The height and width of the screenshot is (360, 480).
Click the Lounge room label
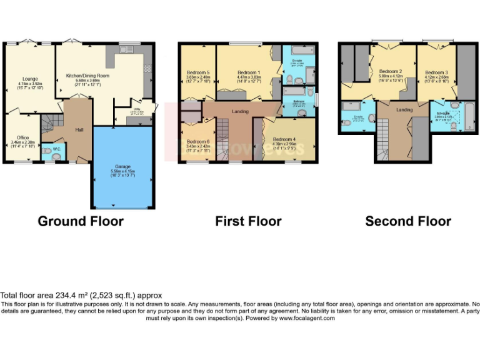pos(27,79)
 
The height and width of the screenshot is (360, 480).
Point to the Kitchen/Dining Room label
pos(87,76)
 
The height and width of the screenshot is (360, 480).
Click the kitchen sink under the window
pos(126,49)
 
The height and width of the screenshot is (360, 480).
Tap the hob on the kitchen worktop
pos(147,67)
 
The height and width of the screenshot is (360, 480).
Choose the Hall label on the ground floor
pos(79,129)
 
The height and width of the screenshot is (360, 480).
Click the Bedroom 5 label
pos(198,72)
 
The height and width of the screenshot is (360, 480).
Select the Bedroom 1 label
pos(248,72)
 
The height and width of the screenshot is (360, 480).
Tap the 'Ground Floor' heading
pos(81,221)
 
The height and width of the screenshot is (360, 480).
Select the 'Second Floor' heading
pos(408,221)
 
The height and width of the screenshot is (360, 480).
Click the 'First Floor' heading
pos(248,221)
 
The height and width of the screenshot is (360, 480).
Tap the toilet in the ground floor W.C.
pos(57,157)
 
